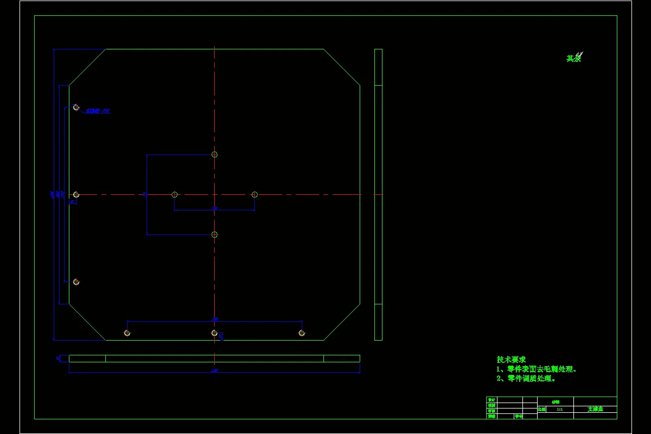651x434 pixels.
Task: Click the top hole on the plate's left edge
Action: click(x=76, y=107)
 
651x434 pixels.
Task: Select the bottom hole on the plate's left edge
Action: click(x=76, y=282)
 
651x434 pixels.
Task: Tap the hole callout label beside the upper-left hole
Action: click(x=98, y=111)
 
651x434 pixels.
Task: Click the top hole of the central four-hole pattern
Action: click(x=214, y=155)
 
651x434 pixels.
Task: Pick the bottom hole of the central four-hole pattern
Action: click(x=214, y=234)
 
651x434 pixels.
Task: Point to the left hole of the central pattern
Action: click(x=175, y=194)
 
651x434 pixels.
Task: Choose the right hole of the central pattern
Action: click(x=254, y=194)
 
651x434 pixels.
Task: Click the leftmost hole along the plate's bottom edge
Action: click(x=127, y=333)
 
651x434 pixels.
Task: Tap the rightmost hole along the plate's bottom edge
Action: click(x=302, y=333)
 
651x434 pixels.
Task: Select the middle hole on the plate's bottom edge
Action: click(x=214, y=333)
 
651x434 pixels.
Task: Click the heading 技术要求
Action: click(x=511, y=360)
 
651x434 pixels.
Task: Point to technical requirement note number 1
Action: click(x=537, y=369)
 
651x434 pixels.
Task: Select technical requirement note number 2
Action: click(x=526, y=378)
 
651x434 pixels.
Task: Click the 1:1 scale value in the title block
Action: click(x=560, y=410)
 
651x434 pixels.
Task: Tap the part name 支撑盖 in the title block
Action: click(x=595, y=409)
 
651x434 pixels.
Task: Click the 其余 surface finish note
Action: click(x=574, y=58)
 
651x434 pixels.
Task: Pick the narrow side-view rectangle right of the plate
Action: click(x=378, y=194)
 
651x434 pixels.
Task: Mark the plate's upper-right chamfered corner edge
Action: click(x=342, y=67)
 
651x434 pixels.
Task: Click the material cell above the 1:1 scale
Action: click(x=555, y=401)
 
